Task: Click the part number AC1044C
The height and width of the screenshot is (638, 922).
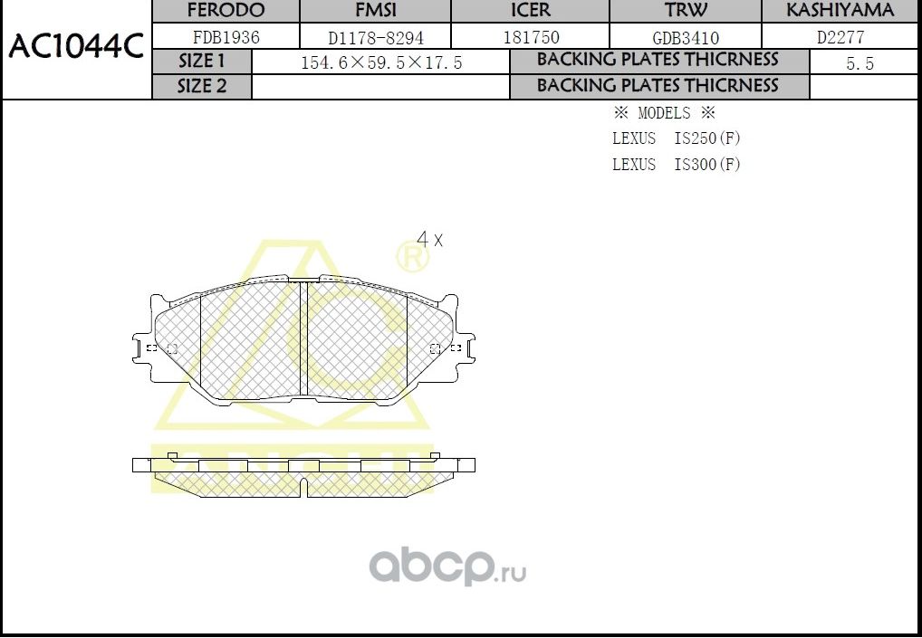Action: coord(76,47)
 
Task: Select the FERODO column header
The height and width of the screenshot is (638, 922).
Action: coord(225,11)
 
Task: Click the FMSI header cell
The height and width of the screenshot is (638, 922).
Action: coord(375,11)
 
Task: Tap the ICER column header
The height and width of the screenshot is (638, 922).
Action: coord(531,11)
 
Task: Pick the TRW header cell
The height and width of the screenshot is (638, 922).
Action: coord(686,11)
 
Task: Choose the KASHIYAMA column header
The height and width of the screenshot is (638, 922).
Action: coord(840,11)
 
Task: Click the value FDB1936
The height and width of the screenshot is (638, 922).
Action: coord(226,37)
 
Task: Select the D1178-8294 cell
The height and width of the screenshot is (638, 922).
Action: coord(375,38)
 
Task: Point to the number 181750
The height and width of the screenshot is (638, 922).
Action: coord(531,38)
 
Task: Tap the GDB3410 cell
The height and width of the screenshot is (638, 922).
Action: coord(686,38)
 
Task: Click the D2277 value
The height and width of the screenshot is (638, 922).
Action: coord(841,38)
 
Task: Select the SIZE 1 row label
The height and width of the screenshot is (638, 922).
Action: coord(201,62)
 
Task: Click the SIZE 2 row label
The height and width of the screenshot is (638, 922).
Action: coord(201,86)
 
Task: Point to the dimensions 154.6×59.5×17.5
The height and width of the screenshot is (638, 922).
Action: coord(381,63)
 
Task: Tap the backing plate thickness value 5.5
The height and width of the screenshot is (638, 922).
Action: coord(860,64)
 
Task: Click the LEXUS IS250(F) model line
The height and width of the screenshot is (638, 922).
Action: coord(677,138)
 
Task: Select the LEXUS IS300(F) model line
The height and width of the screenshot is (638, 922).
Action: coord(677,165)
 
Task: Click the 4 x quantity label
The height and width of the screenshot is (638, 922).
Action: coord(429,240)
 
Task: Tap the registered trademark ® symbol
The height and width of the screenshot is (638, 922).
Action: coord(413,259)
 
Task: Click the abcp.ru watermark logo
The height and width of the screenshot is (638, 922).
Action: coord(447,567)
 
